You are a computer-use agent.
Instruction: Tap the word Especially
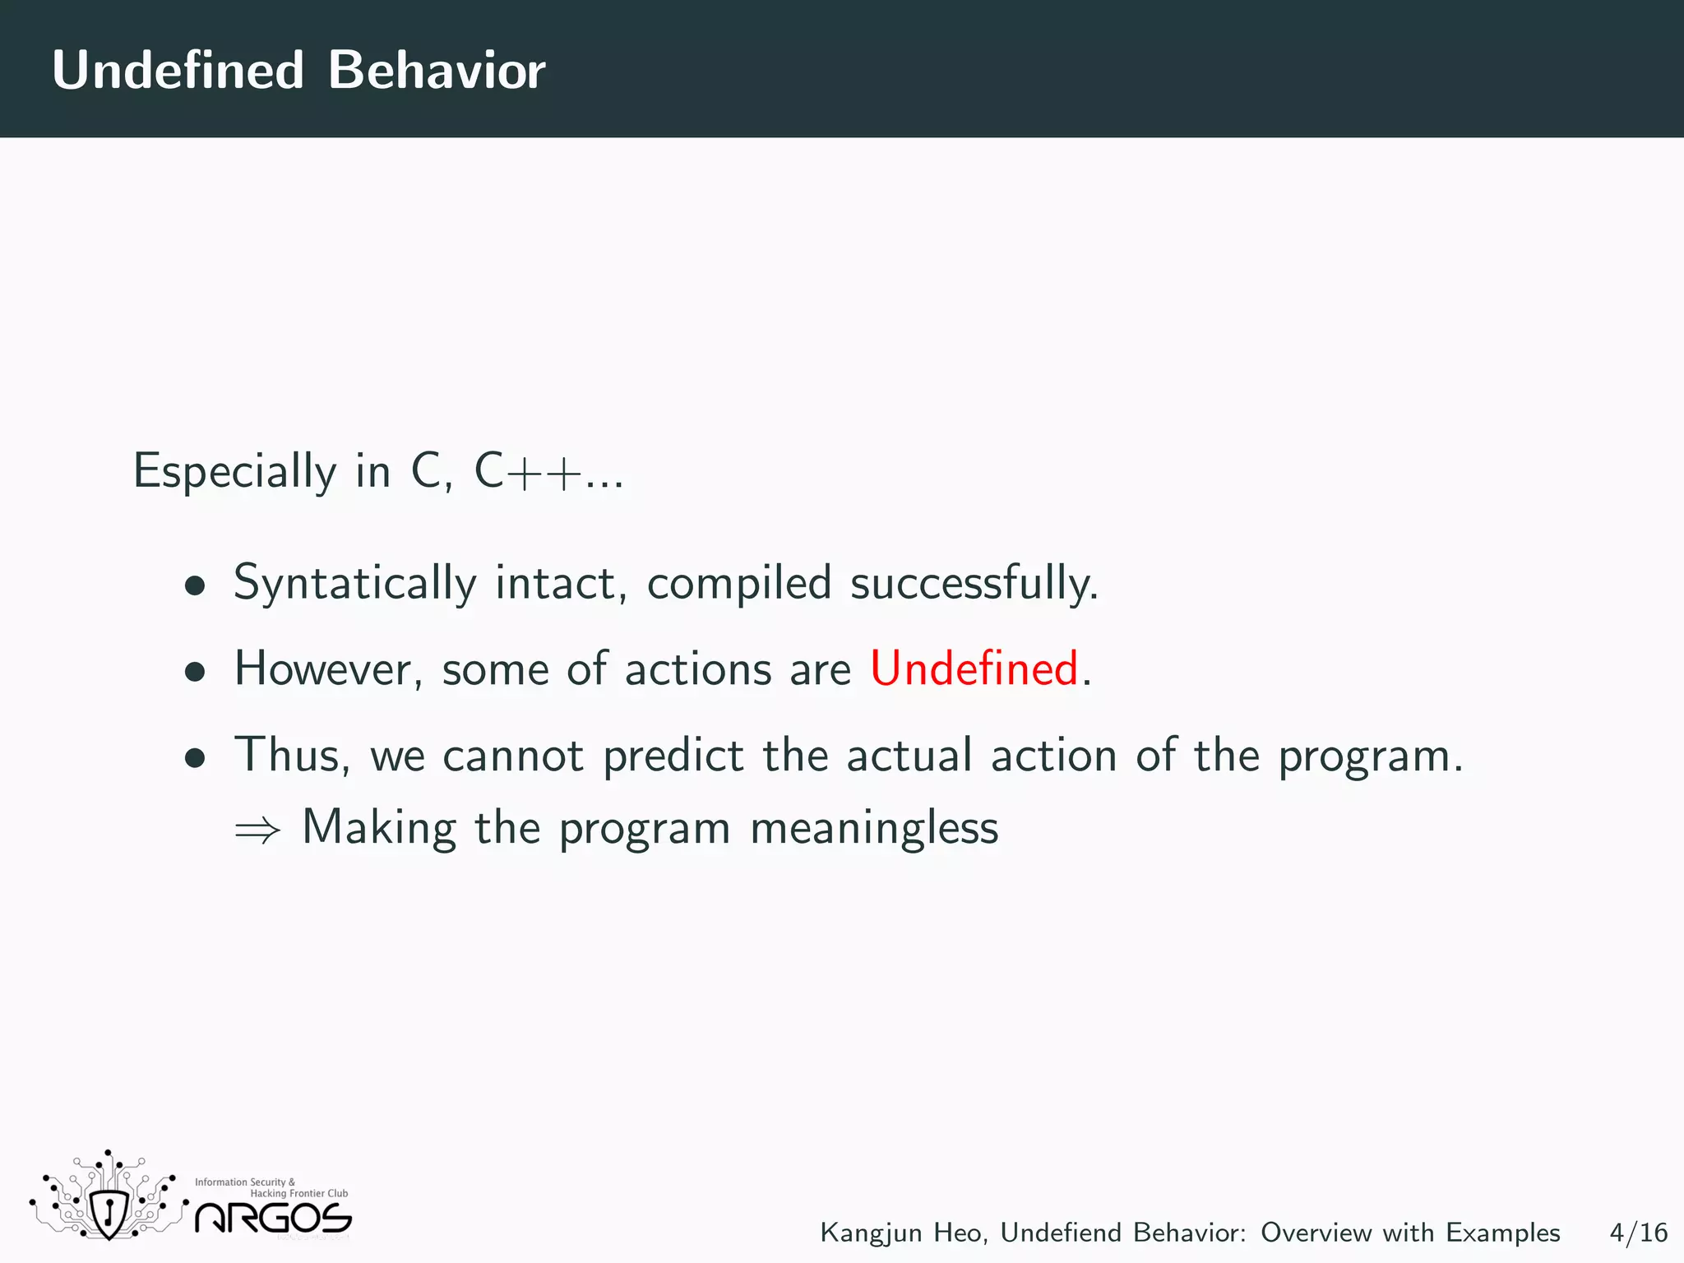click(x=235, y=472)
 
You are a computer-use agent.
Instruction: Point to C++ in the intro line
click(x=527, y=472)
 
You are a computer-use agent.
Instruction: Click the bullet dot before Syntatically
click(x=195, y=586)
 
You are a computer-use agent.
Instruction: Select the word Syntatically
click(x=354, y=584)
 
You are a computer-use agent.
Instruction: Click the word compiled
click(x=738, y=584)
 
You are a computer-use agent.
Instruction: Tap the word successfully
click(x=974, y=584)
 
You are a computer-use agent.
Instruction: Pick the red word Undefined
click(x=974, y=668)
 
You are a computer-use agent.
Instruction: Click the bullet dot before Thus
click(x=195, y=758)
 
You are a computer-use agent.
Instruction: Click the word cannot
click(x=513, y=755)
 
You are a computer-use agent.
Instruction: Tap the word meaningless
click(x=874, y=828)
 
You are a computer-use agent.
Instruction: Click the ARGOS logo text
click(x=273, y=1218)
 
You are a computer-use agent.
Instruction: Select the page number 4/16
click(x=1638, y=1233)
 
